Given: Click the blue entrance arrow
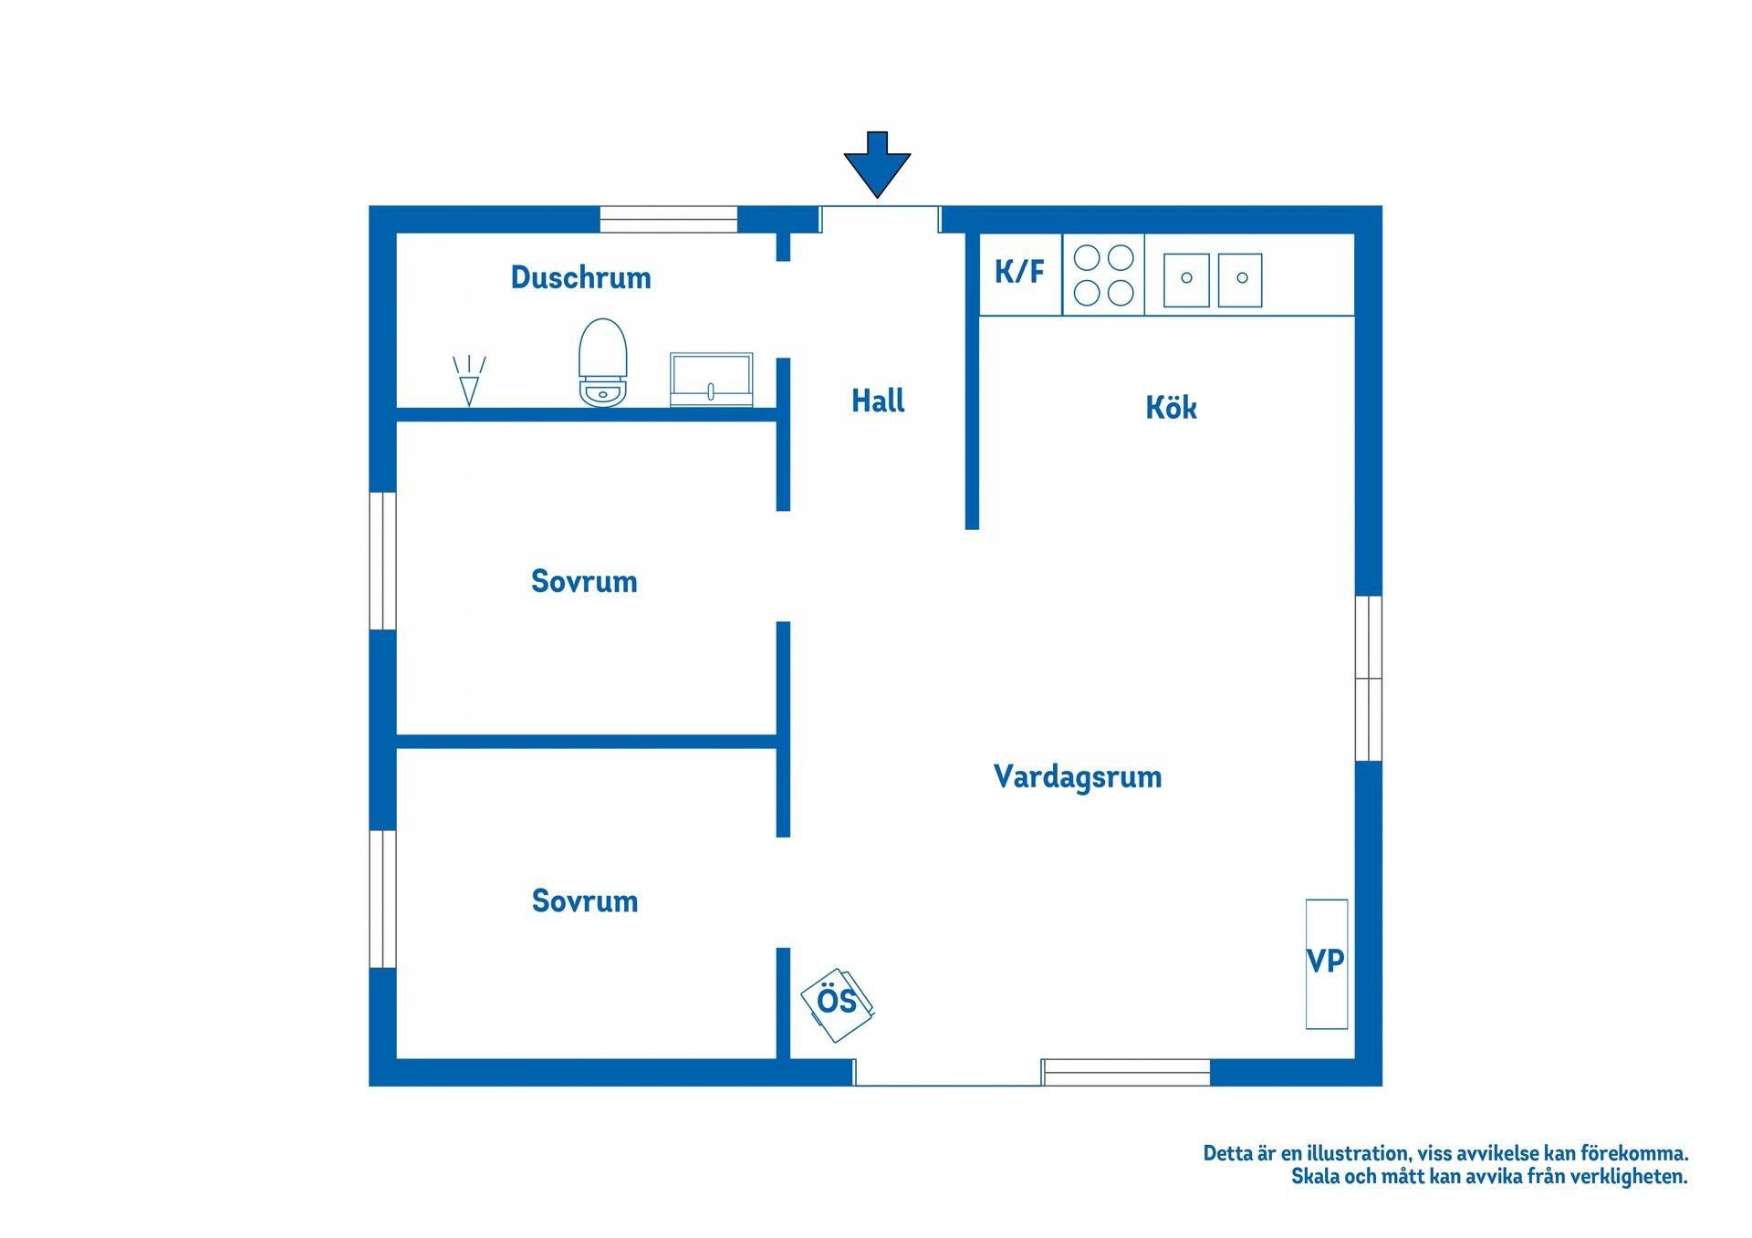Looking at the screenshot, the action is (877, 164).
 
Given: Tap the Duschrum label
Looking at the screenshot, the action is (581, 277).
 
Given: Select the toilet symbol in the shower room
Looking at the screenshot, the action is (603, 362).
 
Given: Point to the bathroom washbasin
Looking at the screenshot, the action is (712, 380).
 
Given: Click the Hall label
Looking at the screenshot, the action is (878, 401).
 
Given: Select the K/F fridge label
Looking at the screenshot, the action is (1019, 271).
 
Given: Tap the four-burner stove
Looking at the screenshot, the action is (1103, 275).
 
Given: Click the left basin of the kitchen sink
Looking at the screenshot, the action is (1186, 279).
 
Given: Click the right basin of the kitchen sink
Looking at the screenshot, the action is (1240, 279).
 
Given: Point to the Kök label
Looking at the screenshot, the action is (1171, 407).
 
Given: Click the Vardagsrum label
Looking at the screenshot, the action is (1078, 776).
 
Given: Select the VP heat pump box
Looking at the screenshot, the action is (1327, 964).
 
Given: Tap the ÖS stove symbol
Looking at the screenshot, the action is (837, 1005).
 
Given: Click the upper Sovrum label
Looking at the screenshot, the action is (584, 581).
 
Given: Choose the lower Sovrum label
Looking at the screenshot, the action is (585, 901).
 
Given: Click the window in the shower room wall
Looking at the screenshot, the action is (668, 220).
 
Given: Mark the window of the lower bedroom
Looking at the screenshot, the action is (383, 899).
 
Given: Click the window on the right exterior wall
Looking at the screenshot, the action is (1369, 678).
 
